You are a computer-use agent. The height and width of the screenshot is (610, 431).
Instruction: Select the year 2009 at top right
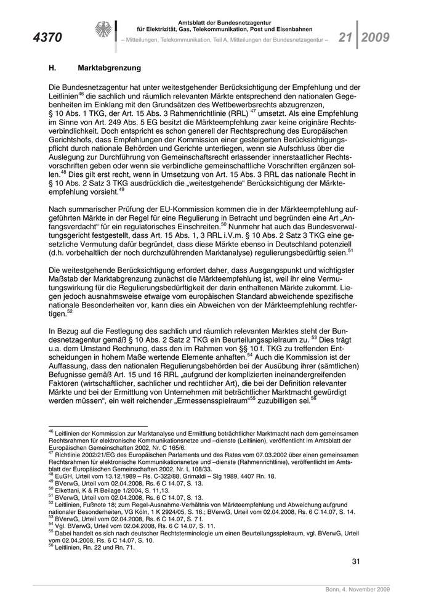pos(375,37)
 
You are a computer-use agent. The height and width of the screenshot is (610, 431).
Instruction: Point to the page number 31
pos(355,561)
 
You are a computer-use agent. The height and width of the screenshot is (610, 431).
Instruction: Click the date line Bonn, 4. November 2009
pos(358,590)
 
